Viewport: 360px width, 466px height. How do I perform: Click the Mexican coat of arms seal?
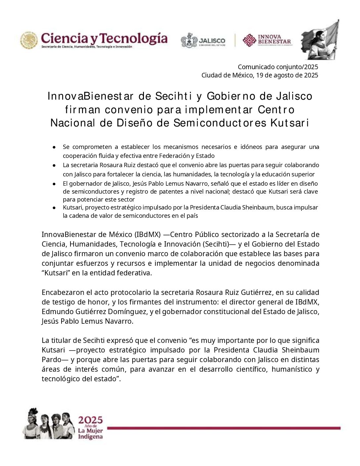point(29,40)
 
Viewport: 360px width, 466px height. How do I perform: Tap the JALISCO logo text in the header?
point(212,40)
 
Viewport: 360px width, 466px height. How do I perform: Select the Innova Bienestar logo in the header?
point(267,40)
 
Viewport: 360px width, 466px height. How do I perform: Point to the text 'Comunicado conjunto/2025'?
point(278,67)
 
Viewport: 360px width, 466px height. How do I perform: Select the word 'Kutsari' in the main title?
point(290,123)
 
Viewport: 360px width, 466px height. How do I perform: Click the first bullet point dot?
point(54,147)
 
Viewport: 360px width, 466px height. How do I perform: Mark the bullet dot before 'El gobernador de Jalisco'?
point(54,183)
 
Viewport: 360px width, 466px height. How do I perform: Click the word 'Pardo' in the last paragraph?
point(52,360)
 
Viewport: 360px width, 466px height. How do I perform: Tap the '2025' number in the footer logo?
point(90,420)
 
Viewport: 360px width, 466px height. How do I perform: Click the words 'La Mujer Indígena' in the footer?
point(90,434)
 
